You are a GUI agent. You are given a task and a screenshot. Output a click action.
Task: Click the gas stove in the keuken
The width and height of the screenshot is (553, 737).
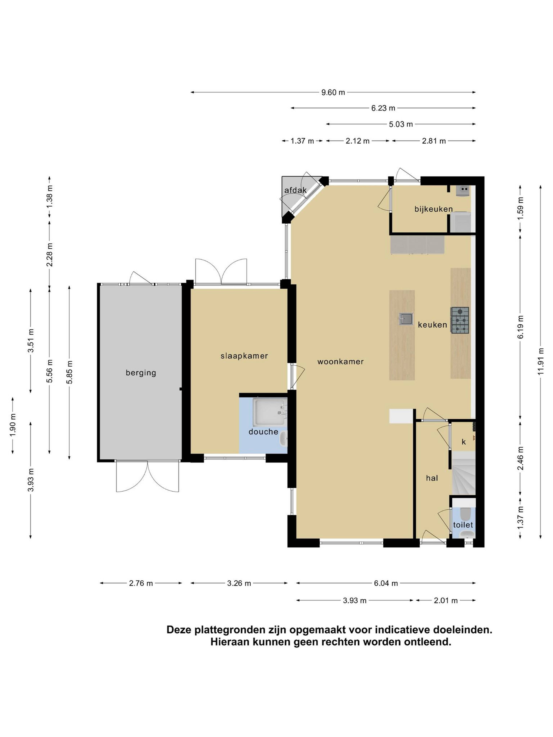460,320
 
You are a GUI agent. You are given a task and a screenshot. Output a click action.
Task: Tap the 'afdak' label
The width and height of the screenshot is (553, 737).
295,190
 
